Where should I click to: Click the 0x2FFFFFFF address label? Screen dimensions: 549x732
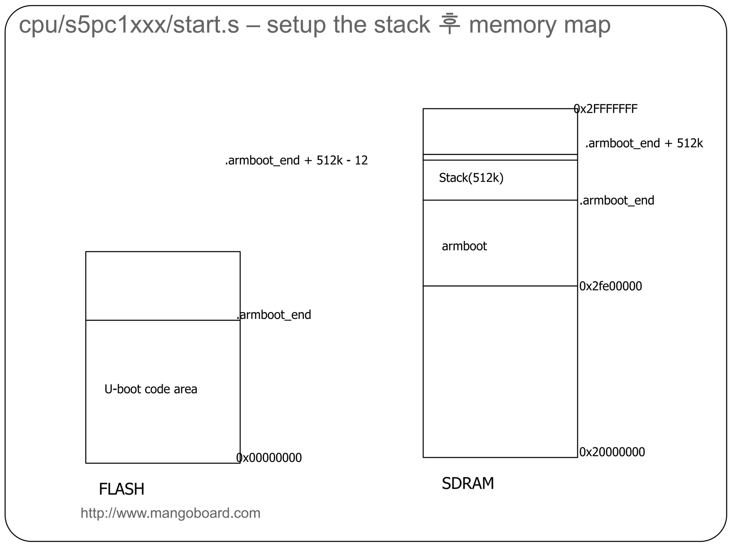(x=605, y=109)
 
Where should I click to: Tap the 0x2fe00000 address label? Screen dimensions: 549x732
(x=610, y=286)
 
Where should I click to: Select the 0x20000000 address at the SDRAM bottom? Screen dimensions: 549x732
(x=612, y=452)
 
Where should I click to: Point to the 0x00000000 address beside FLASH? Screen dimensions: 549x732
(x=269, y=458)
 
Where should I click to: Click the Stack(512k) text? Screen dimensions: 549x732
(x=471, y=178)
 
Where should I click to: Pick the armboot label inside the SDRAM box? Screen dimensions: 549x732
(x=464, y=246)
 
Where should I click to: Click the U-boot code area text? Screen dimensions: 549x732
(x=150, y=389)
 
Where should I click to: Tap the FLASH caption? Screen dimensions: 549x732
(x=122, y=489)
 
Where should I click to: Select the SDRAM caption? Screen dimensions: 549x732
(x=468, y=484)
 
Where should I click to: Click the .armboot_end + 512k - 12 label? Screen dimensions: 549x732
(x=296, y=160)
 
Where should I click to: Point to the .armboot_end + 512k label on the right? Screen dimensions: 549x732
(x=644, y=143)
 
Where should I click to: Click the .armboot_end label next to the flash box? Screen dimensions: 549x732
(x=274, y=315)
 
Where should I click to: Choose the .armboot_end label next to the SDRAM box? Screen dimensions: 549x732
(x=617, y=201)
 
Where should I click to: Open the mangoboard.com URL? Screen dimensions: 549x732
(x=170, y=513)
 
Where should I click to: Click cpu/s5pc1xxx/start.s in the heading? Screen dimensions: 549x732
(x=129, y=25)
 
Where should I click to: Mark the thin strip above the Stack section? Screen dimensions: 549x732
(x=500, y=157)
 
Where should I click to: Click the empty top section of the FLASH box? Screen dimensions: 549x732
(x=163, y=286)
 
